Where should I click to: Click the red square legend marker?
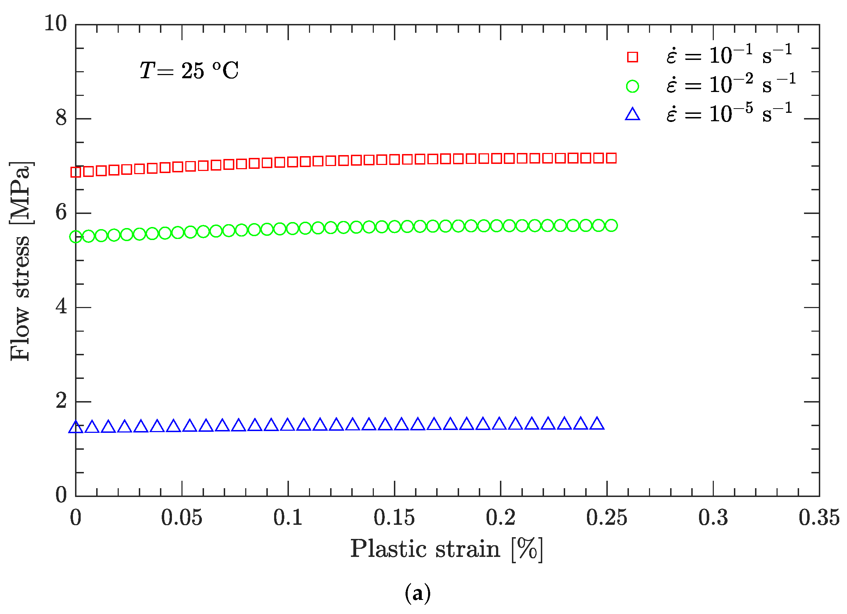[632, 57]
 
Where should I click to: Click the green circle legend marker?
[632, 86]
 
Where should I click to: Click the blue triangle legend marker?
[632, 115]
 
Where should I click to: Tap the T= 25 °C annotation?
[189, 70]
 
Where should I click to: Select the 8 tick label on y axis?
[61, 118]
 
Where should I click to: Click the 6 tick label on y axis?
[61, 213]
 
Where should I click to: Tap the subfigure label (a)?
[418, 594]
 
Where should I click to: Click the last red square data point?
[611, 158]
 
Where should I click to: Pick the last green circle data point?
[611, 225]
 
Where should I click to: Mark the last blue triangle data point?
[597, 424]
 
